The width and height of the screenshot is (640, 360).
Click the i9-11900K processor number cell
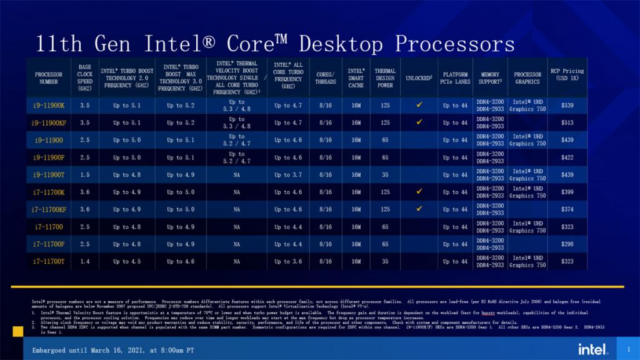pos(48,105)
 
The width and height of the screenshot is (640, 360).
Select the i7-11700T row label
pos(48,262)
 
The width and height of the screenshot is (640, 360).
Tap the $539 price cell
pos(567,105)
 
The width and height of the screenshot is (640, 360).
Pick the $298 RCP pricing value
pos(567,244)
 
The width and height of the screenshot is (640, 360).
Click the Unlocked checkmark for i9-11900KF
pos(419,122)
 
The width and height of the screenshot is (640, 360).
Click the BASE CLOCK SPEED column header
pos(85,77)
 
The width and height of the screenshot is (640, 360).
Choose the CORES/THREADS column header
pos(325,78)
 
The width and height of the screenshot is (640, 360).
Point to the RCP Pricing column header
pos(567,74)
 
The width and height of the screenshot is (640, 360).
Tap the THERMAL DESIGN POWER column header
pos(385,77)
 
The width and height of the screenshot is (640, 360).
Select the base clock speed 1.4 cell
pos(85,262)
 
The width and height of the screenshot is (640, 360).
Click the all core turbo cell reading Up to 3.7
pos(288,175)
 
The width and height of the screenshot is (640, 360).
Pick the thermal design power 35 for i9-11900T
pos(385,175)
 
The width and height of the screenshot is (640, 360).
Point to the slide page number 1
pos(628,349)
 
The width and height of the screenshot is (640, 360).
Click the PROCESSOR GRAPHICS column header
pos(527,78)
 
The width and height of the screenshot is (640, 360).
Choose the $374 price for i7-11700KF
pos(567,209)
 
